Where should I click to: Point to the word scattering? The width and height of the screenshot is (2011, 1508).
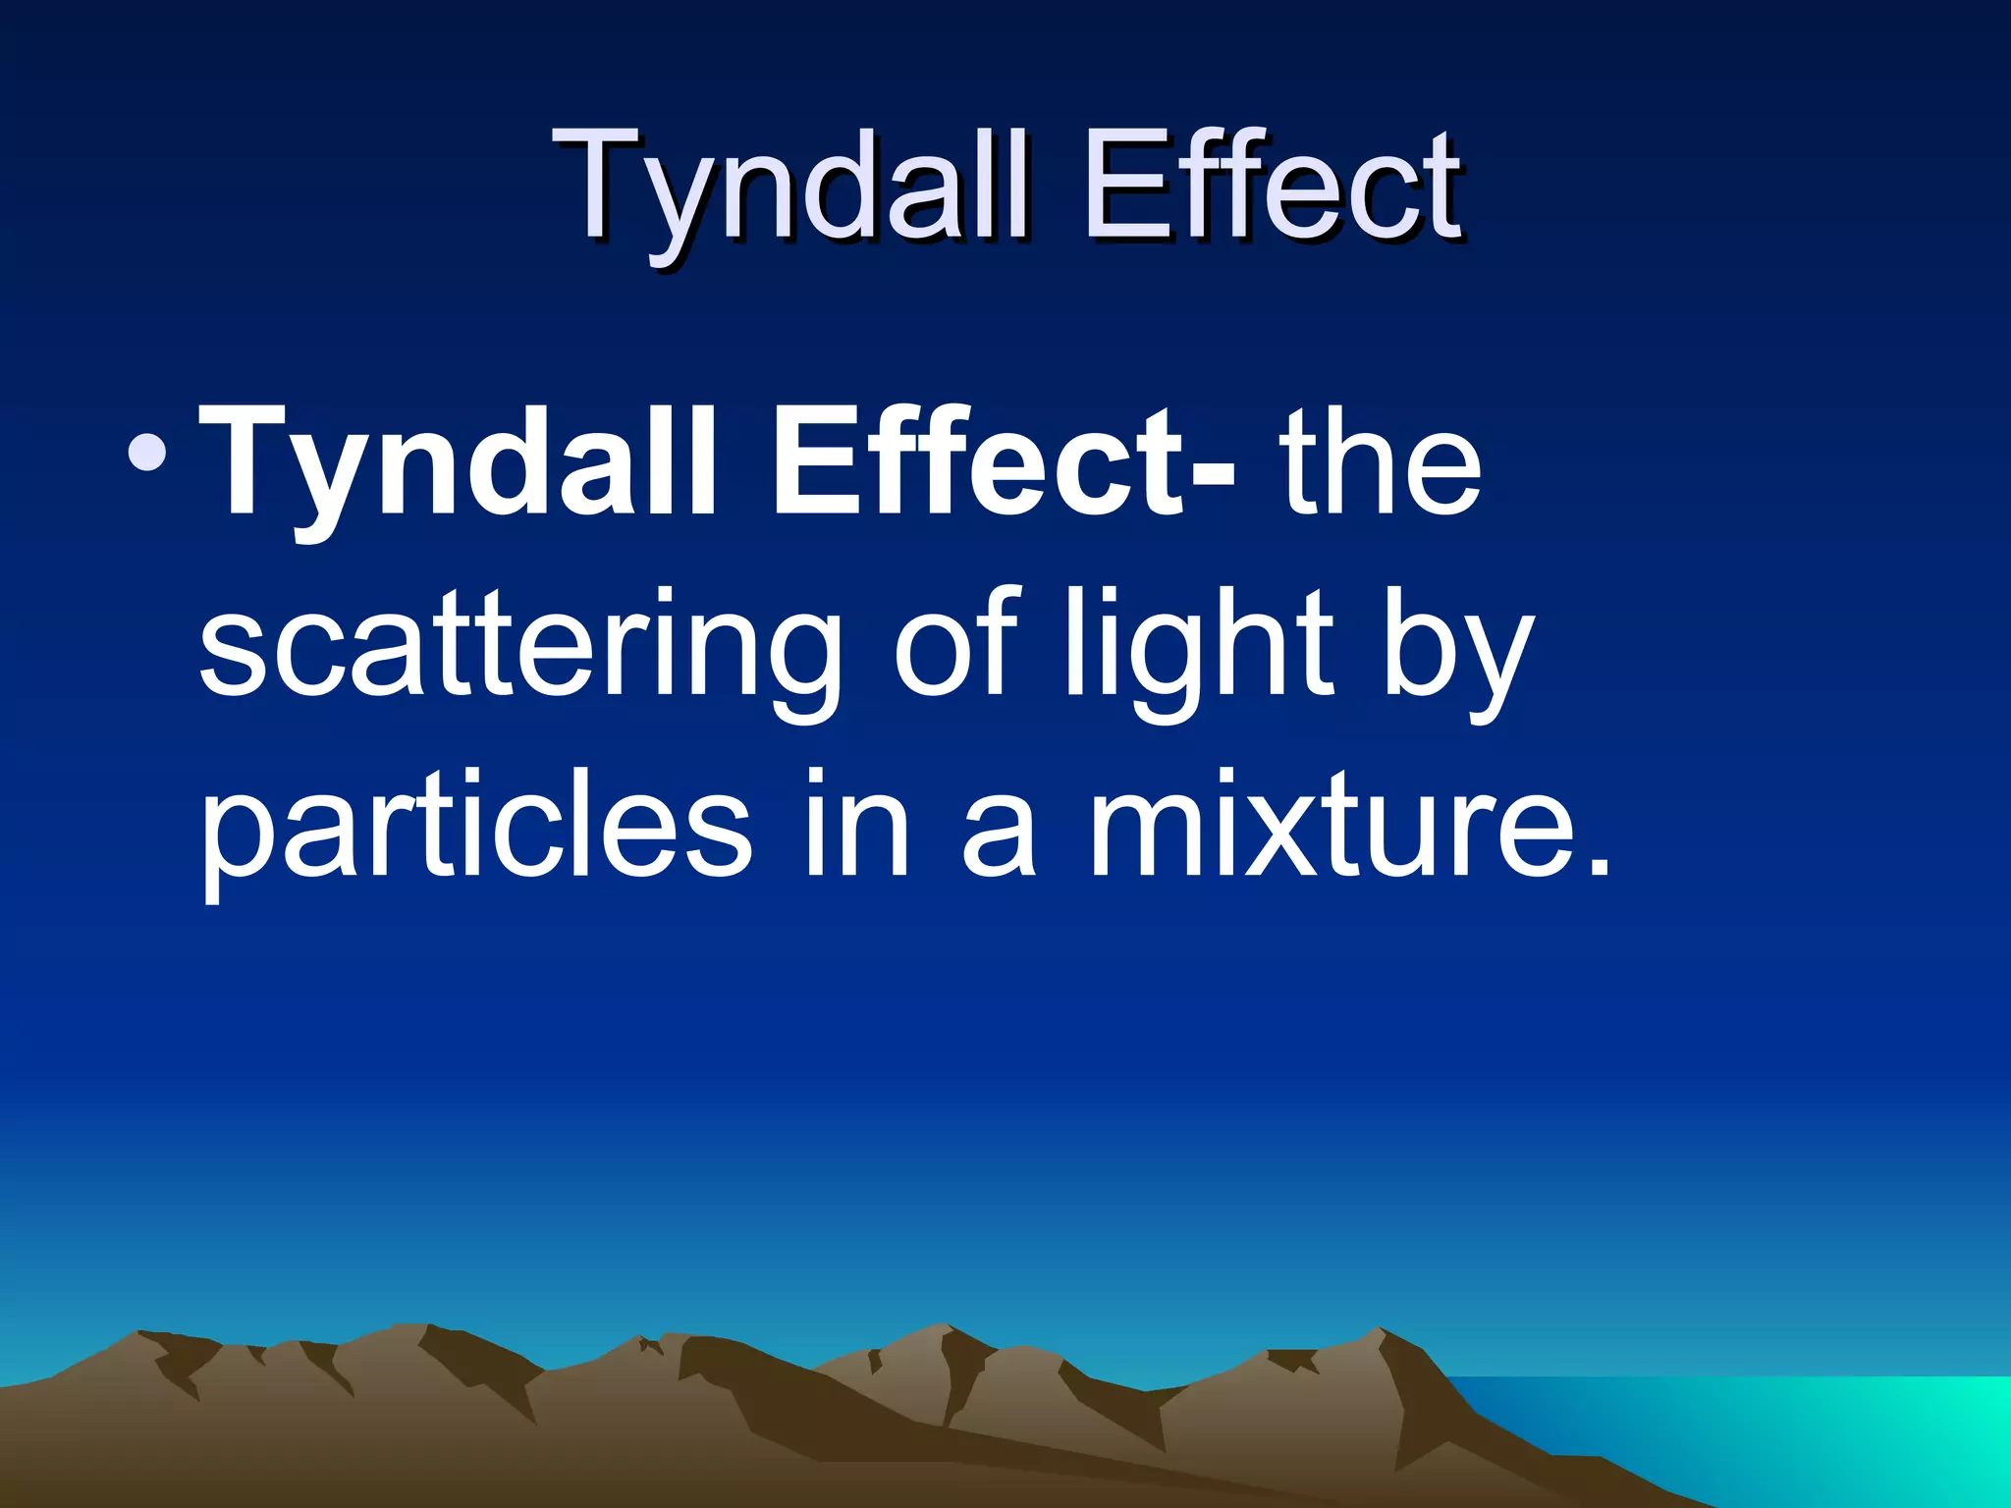[520, 648]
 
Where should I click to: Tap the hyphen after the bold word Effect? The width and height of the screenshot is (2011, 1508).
[1213, 471]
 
